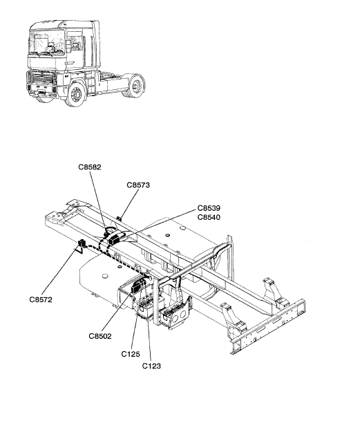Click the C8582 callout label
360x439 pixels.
point(90,167)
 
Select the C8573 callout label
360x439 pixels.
point(138,185)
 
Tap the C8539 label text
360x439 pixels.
point(209,208)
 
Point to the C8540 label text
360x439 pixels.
point(209,217)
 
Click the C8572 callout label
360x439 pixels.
point(41,299)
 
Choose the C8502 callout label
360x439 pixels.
point(100,336)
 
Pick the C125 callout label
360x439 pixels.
point(131,354)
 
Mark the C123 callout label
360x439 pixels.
point(151,366)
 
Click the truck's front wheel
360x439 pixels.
point(75,93)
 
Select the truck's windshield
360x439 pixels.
point(47,42)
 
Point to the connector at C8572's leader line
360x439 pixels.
point(82,243)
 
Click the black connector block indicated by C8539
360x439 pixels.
point(115,240)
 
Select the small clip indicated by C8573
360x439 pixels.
point(120,218)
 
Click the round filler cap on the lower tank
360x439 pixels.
point(104,276)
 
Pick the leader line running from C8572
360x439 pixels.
point(61,271)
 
